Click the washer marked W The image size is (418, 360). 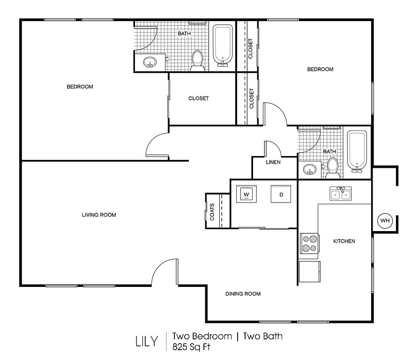[246, 194]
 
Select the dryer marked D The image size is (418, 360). [281, 194]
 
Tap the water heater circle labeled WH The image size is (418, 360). [385, 220]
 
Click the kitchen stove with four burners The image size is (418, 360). [309, 243]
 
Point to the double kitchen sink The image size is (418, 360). [341, 193]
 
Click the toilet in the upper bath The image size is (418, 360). [198, 60]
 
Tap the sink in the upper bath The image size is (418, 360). [150, 62]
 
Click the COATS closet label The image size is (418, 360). [212, 212]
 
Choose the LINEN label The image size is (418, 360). [273, 162]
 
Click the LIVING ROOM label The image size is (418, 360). [99, 215]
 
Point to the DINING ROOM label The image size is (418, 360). [243, 293]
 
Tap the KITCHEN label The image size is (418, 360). [344, 241]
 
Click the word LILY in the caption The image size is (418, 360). [147, 341]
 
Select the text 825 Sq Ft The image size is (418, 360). [191, 347]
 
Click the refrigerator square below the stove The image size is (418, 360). [309, 271]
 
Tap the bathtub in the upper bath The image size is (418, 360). [223, 45]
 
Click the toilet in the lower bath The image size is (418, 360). [333, 168]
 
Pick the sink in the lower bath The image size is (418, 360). [310, 169]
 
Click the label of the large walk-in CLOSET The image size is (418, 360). [198, 98]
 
